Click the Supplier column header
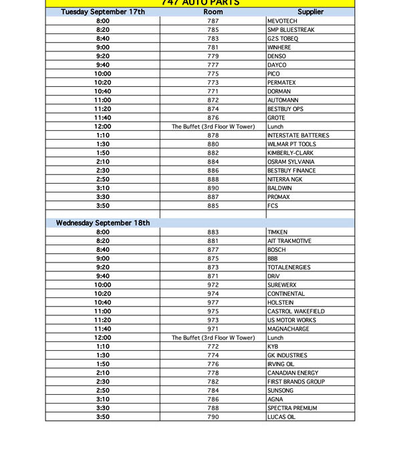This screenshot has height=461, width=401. pos(310,12)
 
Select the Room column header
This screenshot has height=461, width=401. pos(213,12)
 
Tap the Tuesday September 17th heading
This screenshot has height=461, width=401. pos(103,12)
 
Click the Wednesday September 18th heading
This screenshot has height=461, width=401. pos(103,223)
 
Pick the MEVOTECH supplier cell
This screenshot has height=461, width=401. pos(281,21)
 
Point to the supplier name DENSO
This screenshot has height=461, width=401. pos(277,56)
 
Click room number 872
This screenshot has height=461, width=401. pos(213,100)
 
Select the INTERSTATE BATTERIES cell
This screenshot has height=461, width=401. pos(298,136)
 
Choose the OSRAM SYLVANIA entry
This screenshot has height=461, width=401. pos(291,162)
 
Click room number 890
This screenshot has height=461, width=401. pos(213,188)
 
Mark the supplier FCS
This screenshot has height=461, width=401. pos(273,206)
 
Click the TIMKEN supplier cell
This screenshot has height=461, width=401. pos(277,232)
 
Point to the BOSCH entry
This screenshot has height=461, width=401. pos(277,250)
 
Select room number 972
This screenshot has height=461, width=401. pos(213,285)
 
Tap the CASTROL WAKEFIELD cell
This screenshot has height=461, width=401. pos(296,311)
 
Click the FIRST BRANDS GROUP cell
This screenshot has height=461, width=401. pos(297,381)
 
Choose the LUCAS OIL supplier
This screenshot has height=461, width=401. pos(281,417)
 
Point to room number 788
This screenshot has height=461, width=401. pos(213,408)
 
